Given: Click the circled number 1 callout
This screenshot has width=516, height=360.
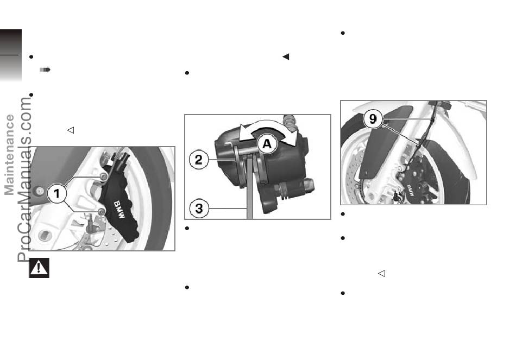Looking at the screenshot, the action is [x=57, y=193].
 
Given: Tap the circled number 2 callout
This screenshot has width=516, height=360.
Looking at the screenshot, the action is [x=199, y=160].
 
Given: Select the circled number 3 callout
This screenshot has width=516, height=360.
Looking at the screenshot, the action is [x=199, y=209].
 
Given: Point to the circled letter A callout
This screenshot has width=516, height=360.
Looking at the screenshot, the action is [x=267, y=144].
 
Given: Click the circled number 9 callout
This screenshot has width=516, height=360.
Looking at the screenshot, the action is [x=373, y=118].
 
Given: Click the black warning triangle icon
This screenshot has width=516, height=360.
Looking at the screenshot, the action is [x=39, y=268].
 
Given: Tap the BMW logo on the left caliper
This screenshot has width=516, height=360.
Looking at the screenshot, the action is [x=119, y=210].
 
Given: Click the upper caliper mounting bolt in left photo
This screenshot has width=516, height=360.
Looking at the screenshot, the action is [x=103, y=176].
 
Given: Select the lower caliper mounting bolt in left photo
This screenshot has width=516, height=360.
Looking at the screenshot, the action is [x=102, y=211].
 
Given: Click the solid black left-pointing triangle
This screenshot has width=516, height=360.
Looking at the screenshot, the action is [x=286, y=56].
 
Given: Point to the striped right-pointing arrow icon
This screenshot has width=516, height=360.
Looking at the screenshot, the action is [x=45, y=70].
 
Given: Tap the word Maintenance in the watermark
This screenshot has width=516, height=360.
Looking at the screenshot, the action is [x=9, y=155].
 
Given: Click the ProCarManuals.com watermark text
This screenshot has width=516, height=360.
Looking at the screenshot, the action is [x=24, y=180].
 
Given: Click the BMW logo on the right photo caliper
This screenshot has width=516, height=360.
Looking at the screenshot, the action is [x=411, y=191].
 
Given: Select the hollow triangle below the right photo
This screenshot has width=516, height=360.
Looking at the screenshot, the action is [x=381, y=274].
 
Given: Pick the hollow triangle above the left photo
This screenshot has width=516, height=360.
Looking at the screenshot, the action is [x=71, y=130].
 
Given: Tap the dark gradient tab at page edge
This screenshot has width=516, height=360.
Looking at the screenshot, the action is [x=11, y=55].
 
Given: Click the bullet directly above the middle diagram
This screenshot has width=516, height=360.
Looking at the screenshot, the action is [x=187, y=73].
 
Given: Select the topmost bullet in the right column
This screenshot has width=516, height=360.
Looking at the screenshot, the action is [x=343, y=33].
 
